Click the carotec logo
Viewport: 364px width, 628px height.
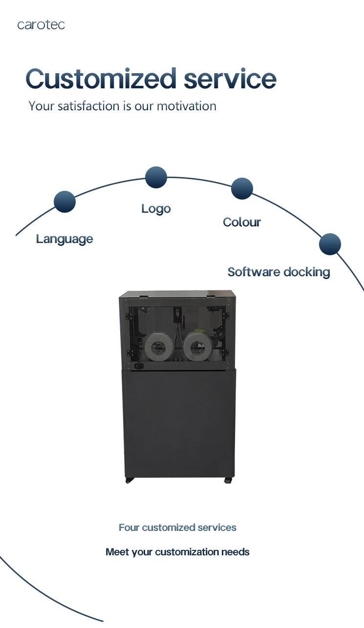[41, 25]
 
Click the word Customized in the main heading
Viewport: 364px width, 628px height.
[101, 78]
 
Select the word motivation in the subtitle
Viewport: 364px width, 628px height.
[187, 106]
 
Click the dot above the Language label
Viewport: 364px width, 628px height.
[64, 202]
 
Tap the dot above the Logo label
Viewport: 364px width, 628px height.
[156, 177]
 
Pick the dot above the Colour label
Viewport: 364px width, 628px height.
[242, 188]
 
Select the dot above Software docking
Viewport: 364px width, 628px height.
[330, 244]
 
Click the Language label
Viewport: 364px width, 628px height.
[64, 239]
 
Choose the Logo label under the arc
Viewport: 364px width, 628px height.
[156, 209]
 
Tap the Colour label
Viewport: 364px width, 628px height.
[242, 223]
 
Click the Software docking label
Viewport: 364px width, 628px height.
[278, 272]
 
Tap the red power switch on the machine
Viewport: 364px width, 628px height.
[136, 365]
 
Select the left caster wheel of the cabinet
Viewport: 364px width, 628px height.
[129, 480]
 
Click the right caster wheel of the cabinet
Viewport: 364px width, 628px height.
[228, 480]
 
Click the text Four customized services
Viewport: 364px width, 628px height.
[177, 527]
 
